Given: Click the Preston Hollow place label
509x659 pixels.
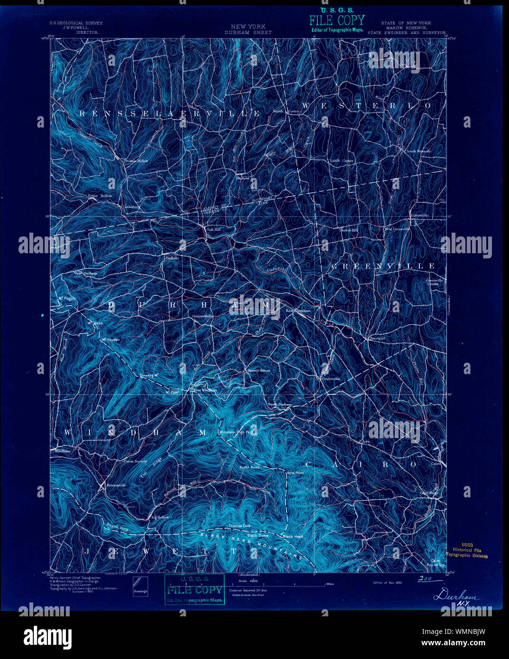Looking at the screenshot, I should (x=136, y=161).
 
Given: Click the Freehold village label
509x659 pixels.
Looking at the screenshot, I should (x=377, y=339).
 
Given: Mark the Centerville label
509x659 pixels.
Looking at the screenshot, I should (x=331, y=379).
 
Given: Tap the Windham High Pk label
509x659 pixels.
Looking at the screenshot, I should (x=237, y=432).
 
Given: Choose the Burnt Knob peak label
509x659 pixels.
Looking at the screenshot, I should (x=250, y=467).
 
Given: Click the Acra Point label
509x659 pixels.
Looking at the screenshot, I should (x=295, y=473).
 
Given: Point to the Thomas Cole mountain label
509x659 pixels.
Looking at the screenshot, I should (x=239, y=526).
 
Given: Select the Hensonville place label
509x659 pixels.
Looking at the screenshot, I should (x=116, y=485).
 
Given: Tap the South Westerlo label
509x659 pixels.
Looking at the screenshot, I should (x=418, y=151).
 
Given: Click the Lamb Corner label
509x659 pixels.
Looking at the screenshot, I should (x=342, y=161).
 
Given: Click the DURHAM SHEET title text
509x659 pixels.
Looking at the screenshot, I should (x=248, y=33).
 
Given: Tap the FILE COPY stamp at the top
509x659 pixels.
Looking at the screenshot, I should (x=337, y=20).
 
